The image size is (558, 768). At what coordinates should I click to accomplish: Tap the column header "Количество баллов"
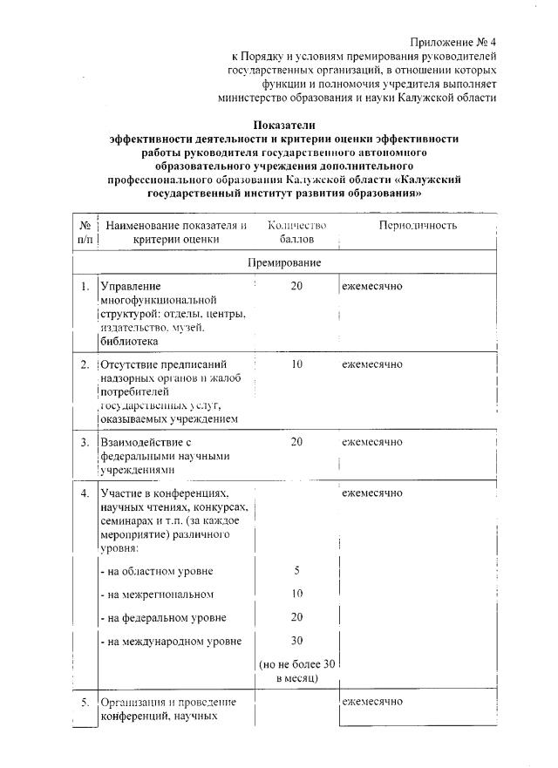pyautogui.click(x=296, y=232)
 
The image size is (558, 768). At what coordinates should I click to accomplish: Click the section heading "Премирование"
pyautogui.click(x=296, y=262)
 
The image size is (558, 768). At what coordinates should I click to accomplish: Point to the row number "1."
pyautogui.click(x=85, y=286)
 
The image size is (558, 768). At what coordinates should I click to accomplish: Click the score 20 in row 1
pyautogui.click(x=296, y=286)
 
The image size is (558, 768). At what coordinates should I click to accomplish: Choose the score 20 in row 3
pyautogui.click(x=296, y=442)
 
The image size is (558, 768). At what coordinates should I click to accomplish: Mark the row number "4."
pyautogui.click(x=85, y=493)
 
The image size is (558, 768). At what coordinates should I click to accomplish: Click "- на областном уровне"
pyautogui.click(x=157, y=572)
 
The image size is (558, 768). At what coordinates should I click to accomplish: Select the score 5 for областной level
pyautogui.click(x=296, y=572)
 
